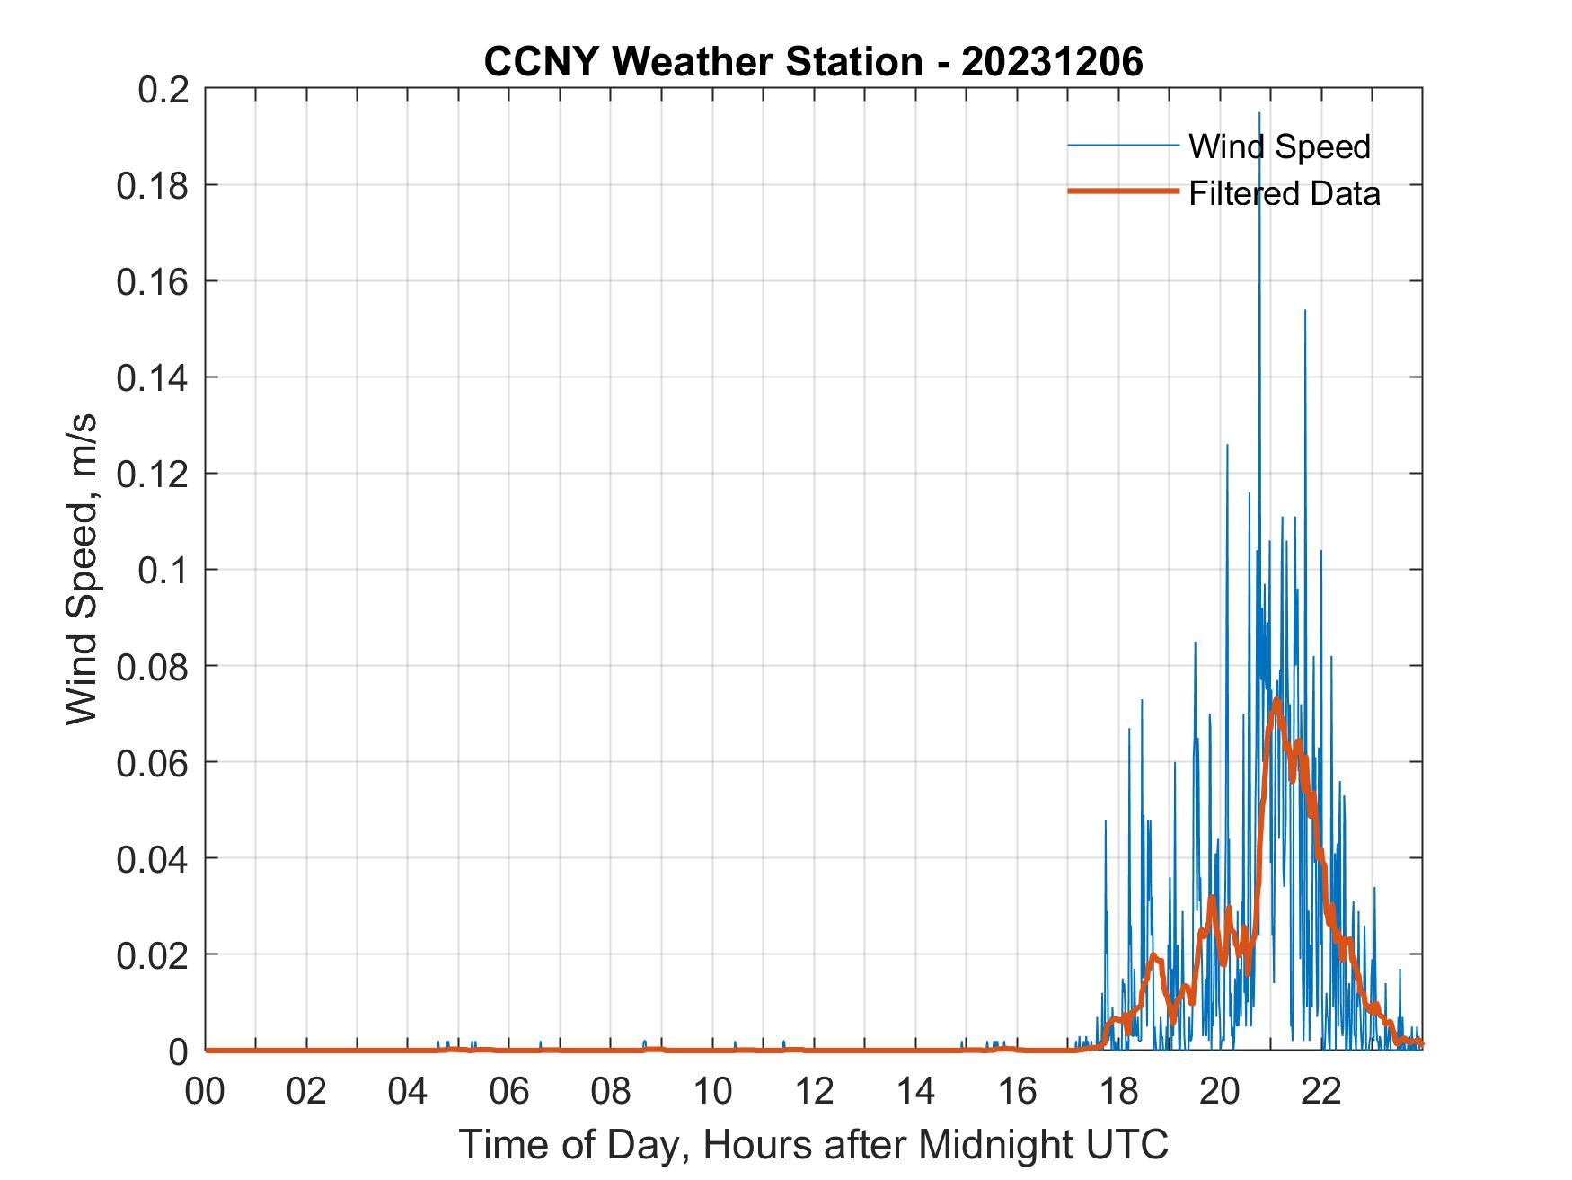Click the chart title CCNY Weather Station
click(x=702, y=62)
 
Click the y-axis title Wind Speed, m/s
click(x=82, y=570)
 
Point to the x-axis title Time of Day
click(x=813, y=1144)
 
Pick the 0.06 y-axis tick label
click(x=152, y=762)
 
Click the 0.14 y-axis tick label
click(x=152, y=377)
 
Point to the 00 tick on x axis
click(x=205, y=1092)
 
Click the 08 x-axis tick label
click(x=611, y=1092)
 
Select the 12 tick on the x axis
click(x=814, y=1092)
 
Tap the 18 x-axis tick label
click(x=1118, y=1092)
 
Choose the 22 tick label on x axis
click(x=1321, y=1092)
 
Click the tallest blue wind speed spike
click(x=1258, y=114)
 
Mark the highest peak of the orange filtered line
click(x=1276, y=700)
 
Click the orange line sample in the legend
click(x=1122, y=191)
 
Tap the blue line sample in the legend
click(x=1122, y=146)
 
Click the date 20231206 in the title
click(x=1052, y=62)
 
